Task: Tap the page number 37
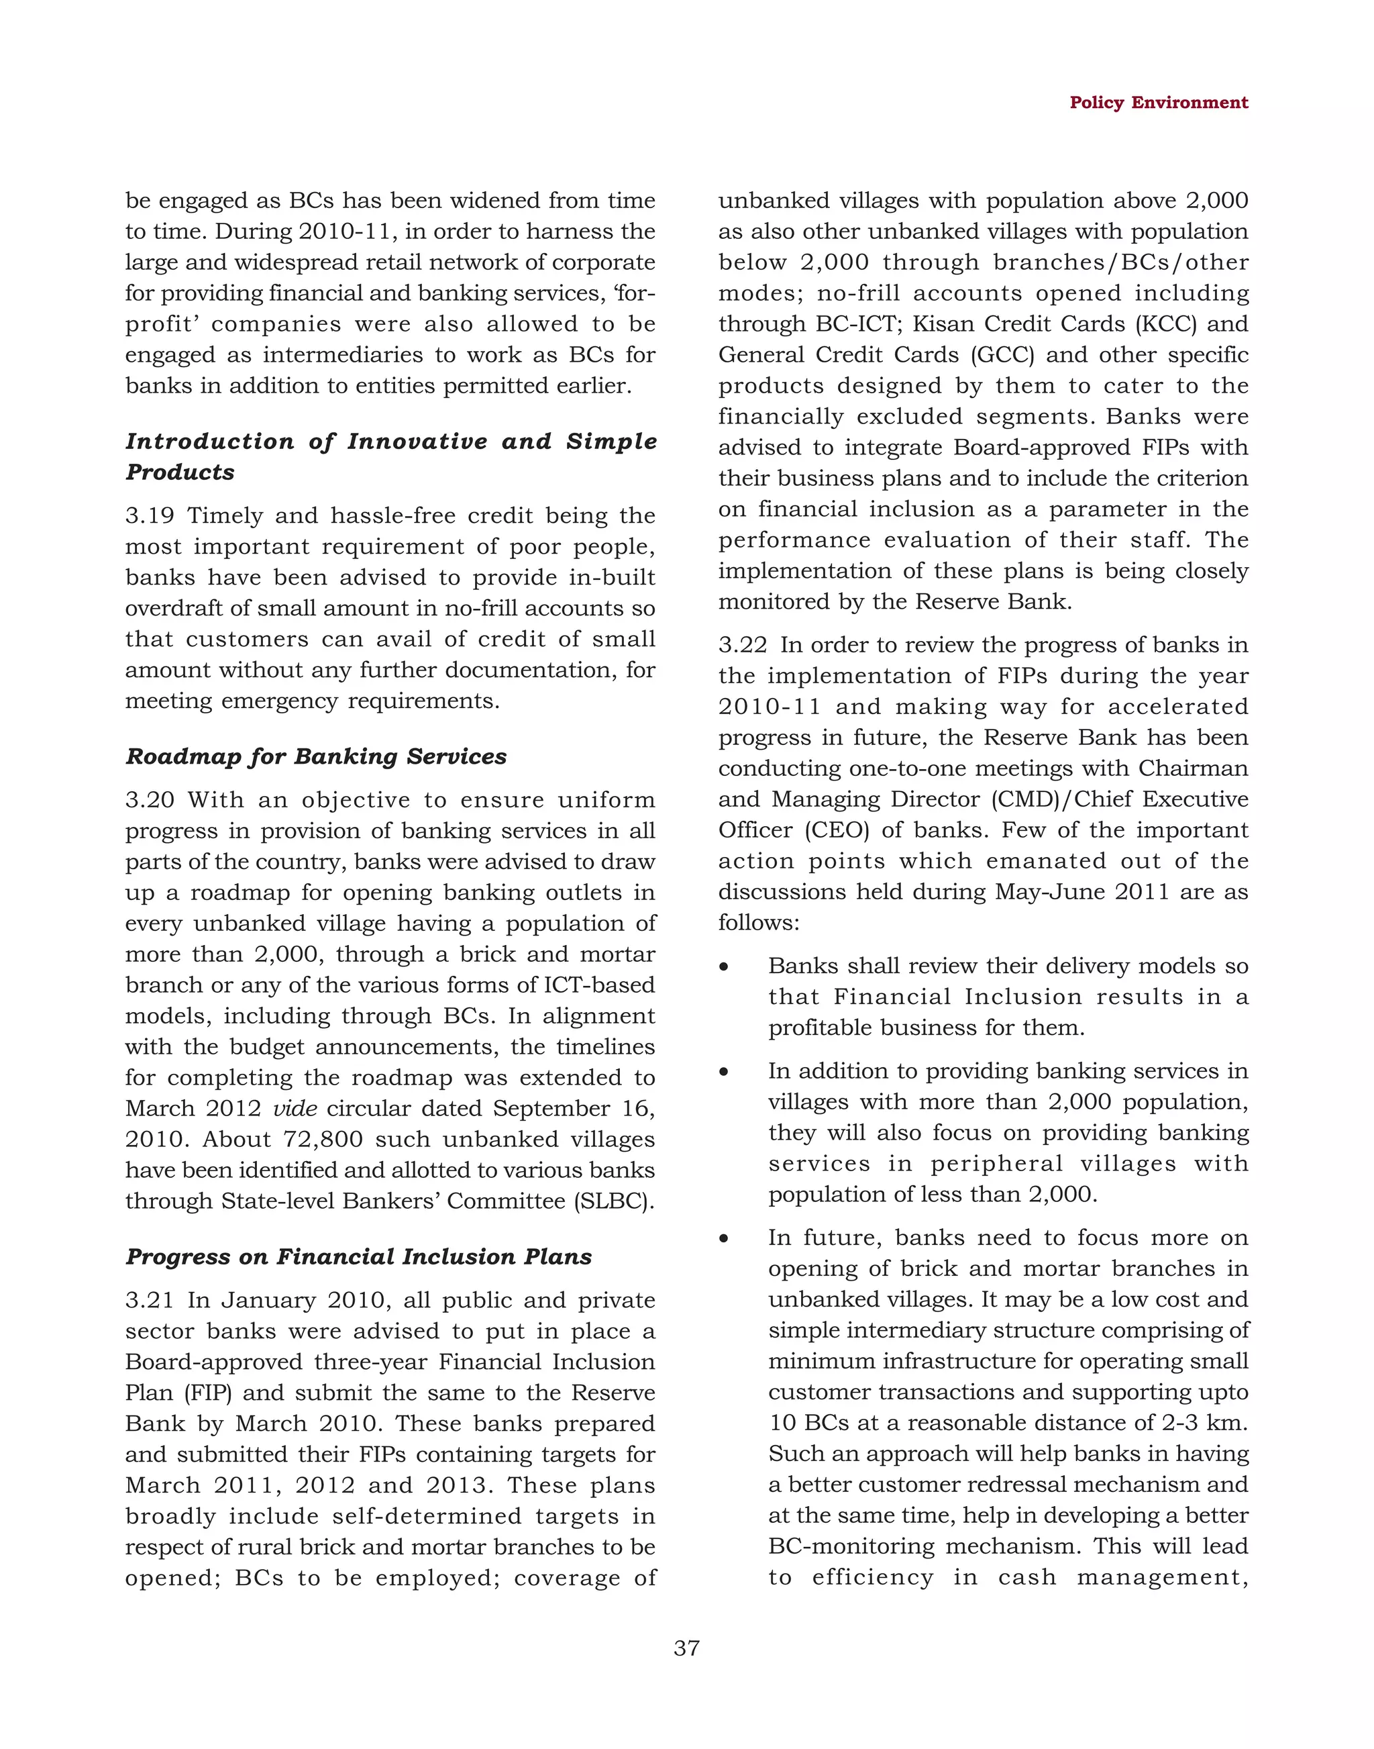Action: tap(686, 1648)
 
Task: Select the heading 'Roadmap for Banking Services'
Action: tap(316, 756)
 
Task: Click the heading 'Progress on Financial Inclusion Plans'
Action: tap(358, 1256)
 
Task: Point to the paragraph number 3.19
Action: tap(150, 515)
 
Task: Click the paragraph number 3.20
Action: tap(150, 800)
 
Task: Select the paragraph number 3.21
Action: tap(150, 1300)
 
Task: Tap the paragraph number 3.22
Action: tap(742, 645)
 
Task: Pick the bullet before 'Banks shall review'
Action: tap(724, 966)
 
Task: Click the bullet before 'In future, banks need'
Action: tap(724, 1239)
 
